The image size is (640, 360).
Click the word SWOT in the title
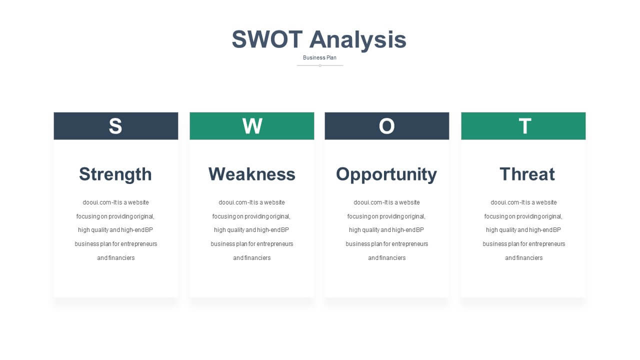pyautogui.click(x=267, y=39)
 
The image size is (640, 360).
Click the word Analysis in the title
pyautogui.click(x=358, y=40)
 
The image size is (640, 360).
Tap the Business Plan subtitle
pyautogui.click(x=319, y=57)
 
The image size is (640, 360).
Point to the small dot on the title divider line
pyautogui.click(x=320, y=65)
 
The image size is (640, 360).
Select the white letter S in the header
pyautogui.click(x=115, y=126)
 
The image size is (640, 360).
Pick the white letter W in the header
pyautogui.click(x=252, y=126)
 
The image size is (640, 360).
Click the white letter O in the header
pyautogui.click(x=387, y=126)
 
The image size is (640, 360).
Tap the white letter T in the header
pyautogui.click(x=525, y=126)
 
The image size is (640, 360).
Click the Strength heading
pyautogui.click(x=115, y=174)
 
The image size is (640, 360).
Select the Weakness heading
pyautogui.click(x=252, y=174)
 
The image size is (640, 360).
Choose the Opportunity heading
pyautogui.click(x=386, y=174)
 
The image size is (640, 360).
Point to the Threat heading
pyautogui.click(x=527, y=174)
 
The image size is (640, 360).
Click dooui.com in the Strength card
pyautogui.click(x=97, y=202)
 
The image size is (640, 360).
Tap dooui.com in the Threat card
pyautogui.click(x=505, y=202)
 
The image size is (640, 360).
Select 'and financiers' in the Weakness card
pyautogui.click(x=251, y=258)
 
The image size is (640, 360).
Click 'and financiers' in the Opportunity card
pyautogui.click(x=387, y=258)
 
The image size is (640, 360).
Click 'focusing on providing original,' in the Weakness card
pyautogui.click(x=251, y=216)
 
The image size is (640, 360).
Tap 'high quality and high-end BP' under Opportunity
pyautogui.click(x=386, y=230)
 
